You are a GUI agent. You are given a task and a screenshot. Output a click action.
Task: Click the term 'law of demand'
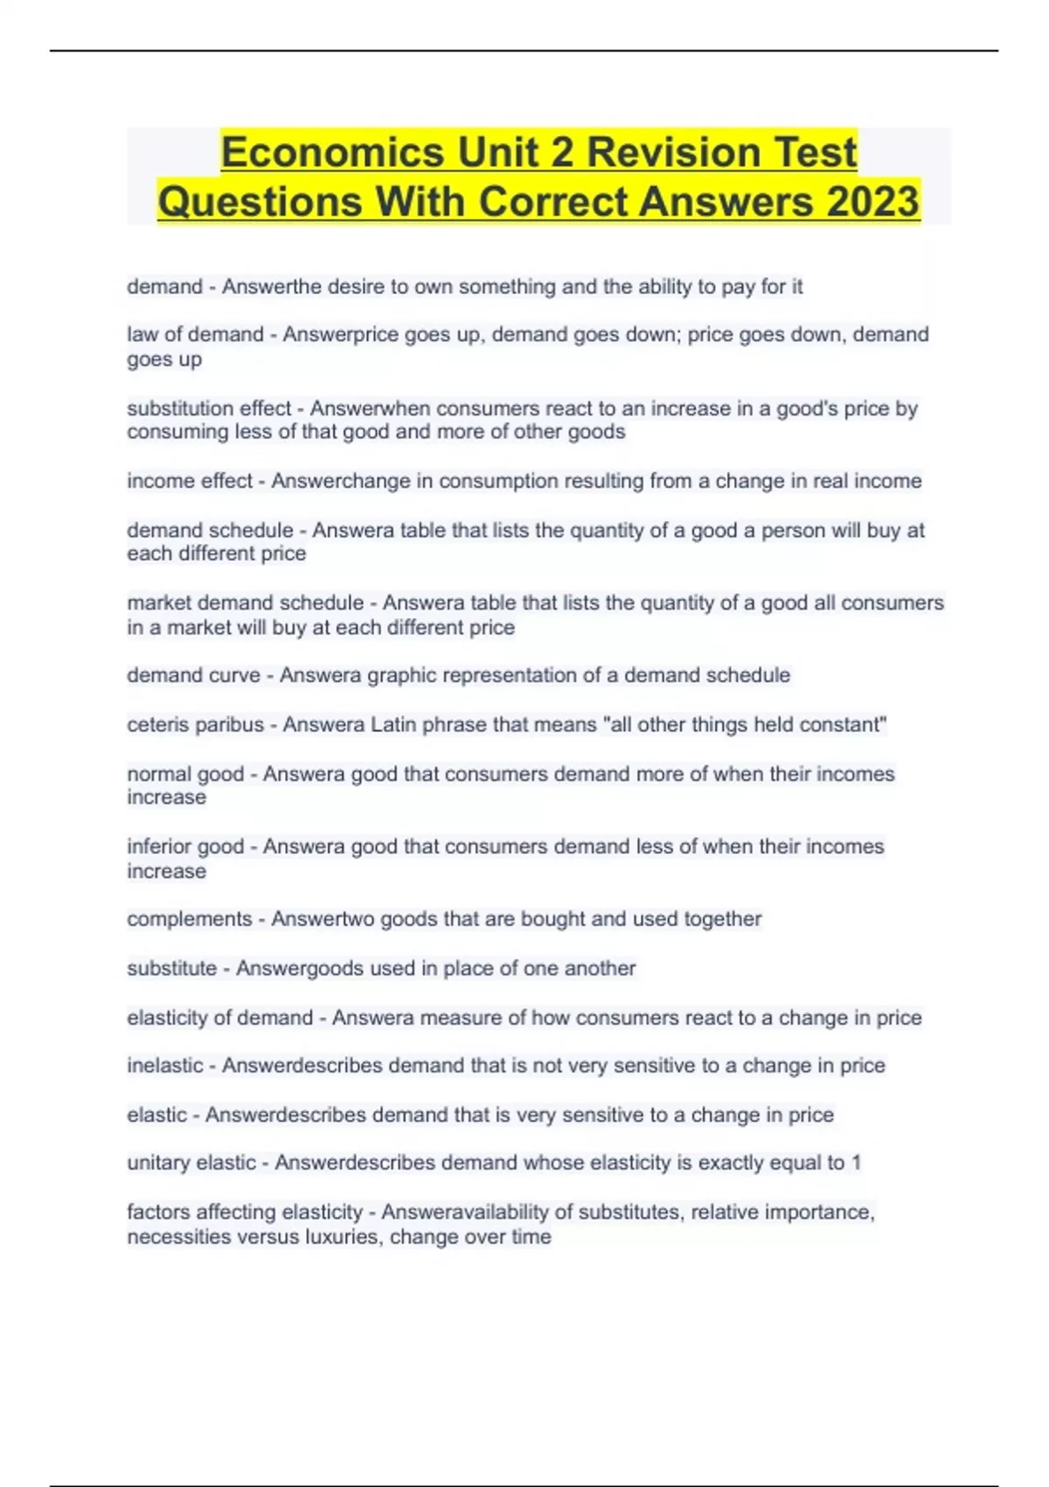(x=195, y=335)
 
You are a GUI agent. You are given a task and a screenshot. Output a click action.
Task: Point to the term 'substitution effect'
(x=209, y=408)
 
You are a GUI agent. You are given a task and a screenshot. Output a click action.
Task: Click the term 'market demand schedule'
(x=245, y=603)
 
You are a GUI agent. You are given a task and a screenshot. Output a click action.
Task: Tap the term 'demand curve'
(x=193, y=675)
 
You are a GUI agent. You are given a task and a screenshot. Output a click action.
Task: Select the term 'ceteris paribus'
(x=195, y=725)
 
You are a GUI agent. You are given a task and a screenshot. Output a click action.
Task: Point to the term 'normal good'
(x=185, y=774)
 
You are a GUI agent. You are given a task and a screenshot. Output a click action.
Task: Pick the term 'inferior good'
(x=185, y=847)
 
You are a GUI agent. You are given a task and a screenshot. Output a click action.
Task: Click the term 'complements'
(x=189, y=919)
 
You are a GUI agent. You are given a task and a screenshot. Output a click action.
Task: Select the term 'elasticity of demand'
(x=219, y=1018)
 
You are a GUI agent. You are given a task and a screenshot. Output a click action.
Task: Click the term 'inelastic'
(x=165, y=1065)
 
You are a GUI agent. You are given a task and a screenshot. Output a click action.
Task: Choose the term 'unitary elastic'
(x=191, y=1162)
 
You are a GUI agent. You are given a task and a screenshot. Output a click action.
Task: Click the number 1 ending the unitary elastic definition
(x=857, y=1162)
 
